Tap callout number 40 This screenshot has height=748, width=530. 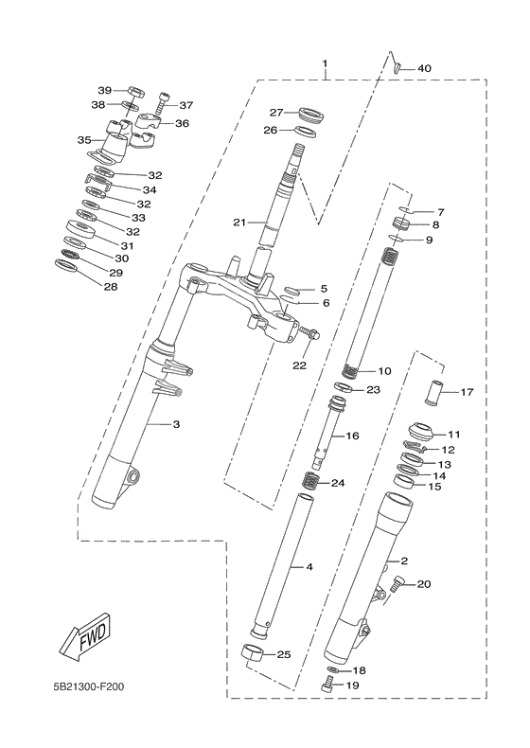click(x=423, y=68)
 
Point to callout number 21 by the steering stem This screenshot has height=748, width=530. click(x=239, y=223)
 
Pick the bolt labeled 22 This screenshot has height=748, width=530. click(x=315, y=333)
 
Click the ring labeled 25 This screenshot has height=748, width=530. click(x=252, y=652)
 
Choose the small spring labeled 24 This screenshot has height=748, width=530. click(x=308, y=483)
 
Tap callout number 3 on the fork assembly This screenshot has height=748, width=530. click(x=175, y=424)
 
